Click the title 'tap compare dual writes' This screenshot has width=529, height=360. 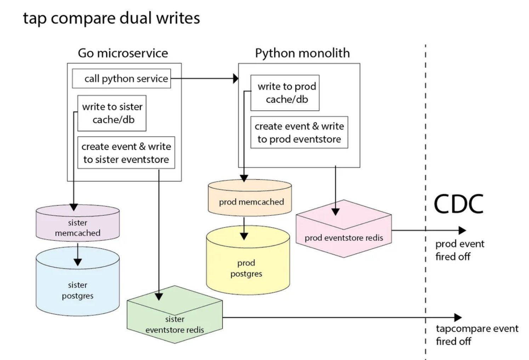pos(111,18)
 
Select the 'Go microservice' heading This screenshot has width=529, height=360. pos(123,53)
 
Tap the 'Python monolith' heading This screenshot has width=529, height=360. pos(302,53)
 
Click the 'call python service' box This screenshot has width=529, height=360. pos(121,79)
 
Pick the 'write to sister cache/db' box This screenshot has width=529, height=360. pos(112,113)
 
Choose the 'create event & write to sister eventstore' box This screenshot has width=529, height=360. pos(126,153)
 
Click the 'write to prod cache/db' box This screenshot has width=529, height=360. pos(285,93)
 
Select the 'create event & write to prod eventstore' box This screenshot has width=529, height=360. pos(299,133)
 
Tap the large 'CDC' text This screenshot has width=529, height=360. pos(458,204)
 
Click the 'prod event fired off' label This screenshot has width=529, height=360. pos(459,250)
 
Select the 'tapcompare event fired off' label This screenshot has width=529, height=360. pos(477,335)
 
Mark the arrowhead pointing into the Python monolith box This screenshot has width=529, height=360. pos(235,78)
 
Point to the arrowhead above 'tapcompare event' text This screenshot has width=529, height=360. pos(458,317)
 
